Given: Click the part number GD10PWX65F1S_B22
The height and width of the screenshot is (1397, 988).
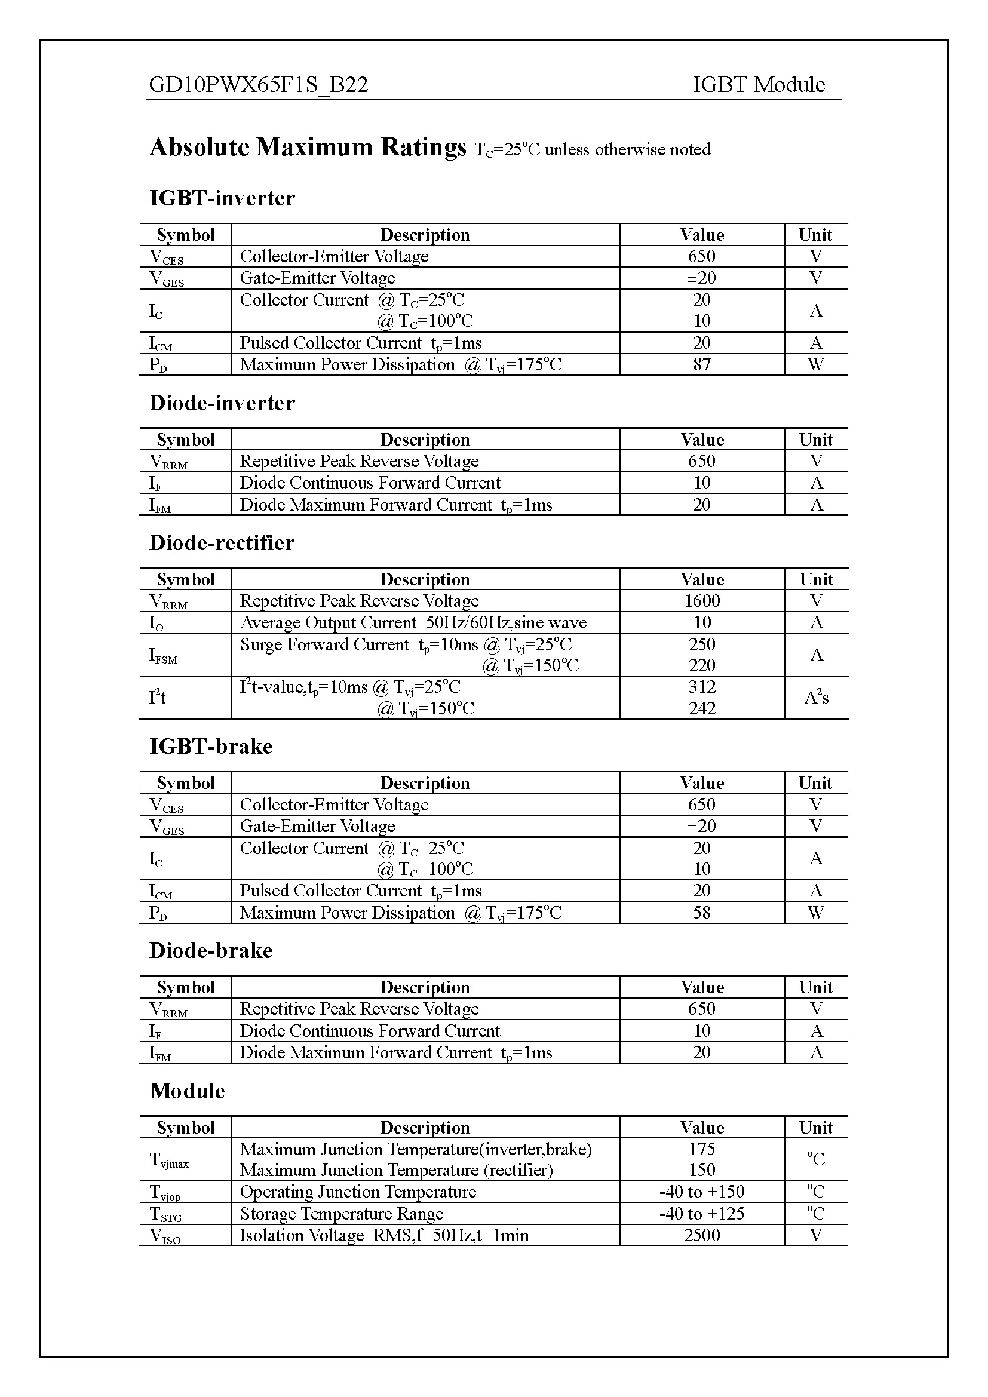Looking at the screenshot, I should tap(259, 85).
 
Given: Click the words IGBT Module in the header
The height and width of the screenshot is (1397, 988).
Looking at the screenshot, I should tap(758, 85).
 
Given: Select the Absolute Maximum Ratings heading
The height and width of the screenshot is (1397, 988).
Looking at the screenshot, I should tap(308, 148).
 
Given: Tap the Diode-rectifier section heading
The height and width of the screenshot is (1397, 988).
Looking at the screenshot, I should tap(222, 543).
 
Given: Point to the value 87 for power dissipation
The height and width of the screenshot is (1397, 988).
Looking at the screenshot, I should tap(701, 364).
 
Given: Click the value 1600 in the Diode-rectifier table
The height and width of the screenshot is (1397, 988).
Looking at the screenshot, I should tap(701, 601).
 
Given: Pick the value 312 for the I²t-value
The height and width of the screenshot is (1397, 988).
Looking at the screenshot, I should tap(701, 687).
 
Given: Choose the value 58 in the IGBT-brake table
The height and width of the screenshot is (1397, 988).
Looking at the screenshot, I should tap(701, 913).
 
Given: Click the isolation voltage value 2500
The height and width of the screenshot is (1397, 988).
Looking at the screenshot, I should tap(701, 1235).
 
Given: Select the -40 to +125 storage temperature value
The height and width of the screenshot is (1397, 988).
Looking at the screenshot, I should tap(701, 1213).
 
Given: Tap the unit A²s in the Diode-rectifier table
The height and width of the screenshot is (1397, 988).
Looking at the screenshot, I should tap(816, 697).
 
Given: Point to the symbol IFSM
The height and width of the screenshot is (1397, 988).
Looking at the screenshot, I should tap(163, 655).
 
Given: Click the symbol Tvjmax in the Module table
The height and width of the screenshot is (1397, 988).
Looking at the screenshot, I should tap(169, 1160).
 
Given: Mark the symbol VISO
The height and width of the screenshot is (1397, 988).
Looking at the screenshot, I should tap(165, 1236).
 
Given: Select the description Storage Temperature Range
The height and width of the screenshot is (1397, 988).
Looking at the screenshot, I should tap(341, 1213).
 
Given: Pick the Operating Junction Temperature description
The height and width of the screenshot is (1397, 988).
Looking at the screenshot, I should tap(358, 1192).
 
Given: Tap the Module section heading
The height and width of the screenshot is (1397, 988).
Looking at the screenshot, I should tap(188, 1091).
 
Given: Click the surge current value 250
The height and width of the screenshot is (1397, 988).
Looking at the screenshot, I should tap(701, 644).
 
